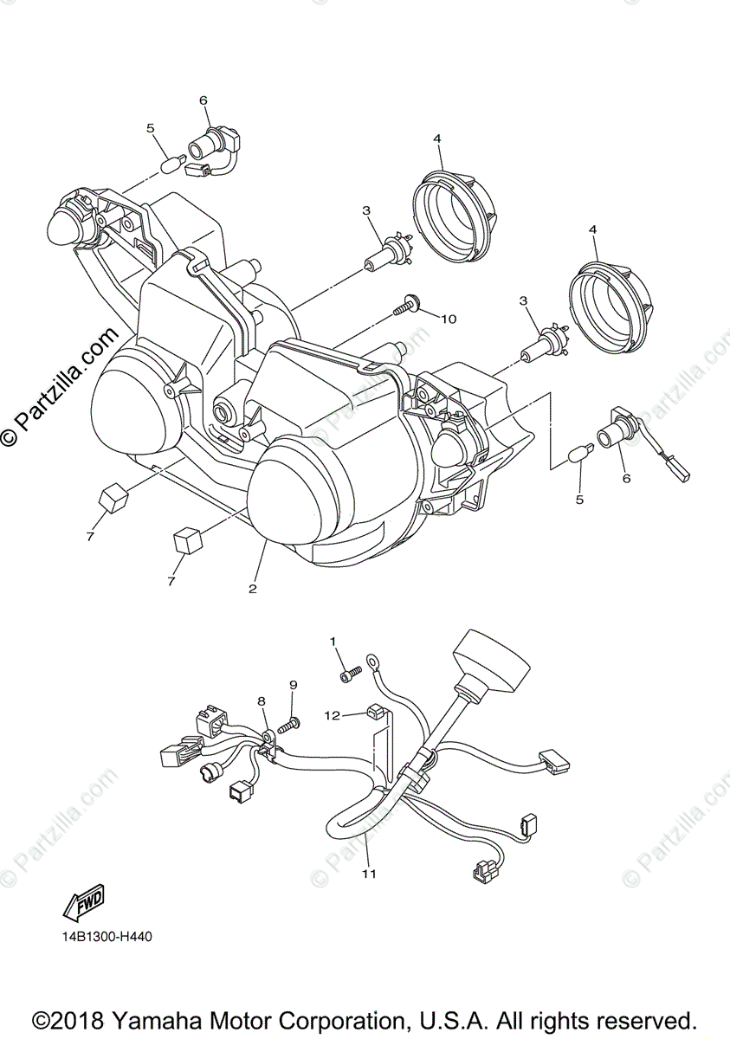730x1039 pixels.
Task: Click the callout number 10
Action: tap(448, 319)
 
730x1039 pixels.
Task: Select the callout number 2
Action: tap(253, 589)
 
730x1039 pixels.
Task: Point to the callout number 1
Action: tap(332, 641)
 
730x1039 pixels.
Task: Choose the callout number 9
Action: tap(293, 685)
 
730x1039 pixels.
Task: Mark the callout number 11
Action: tap(370, 874)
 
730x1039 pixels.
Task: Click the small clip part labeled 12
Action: tap(374, 714)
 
